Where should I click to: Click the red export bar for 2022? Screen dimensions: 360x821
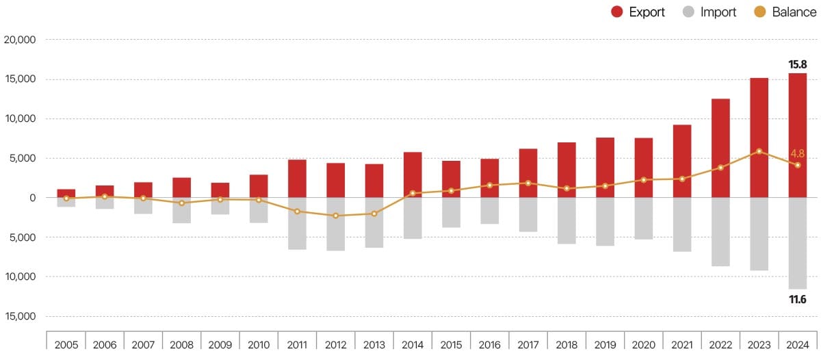pyautogui.click(x=720, y=148)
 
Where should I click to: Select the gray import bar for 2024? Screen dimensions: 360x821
pyautogui.click(x=797, y=243)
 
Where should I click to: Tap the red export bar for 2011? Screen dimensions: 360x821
pyautogui.click(x=297, y=178)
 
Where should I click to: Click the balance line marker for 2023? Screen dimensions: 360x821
pyautogui.click(x=759, y=151)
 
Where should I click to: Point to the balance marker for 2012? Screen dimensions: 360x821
pyautogui.click(x=335, y=216)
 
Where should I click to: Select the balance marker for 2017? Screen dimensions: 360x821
pyautogui.click(x=527, y=183)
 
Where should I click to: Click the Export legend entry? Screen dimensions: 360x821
pyautogui.click(x=638, y=12)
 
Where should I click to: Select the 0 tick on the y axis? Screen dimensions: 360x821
pyautogui.click(x=32, y=198)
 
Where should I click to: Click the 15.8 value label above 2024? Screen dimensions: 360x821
pyautogui.click(x=798, y=64)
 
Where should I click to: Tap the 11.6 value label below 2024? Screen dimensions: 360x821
pyautogui.click(x=798, y=299)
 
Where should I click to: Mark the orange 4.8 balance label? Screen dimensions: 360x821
pyautogui.click(x=797, y=154)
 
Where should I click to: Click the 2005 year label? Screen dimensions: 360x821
pyautogui.click(x=66, y=344)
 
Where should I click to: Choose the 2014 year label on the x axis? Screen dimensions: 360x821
pyautogui.click(x=413, y=344)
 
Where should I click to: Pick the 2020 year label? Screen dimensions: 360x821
pyautogui.click(x=643, y=344)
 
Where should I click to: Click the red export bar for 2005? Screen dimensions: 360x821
pyautogui.click(x=66, y=193)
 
